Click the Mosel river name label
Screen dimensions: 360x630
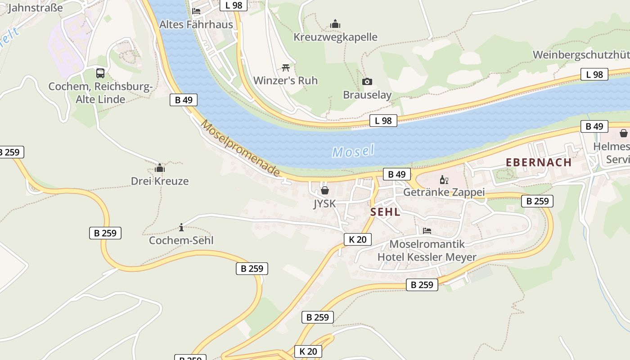pos(353,151)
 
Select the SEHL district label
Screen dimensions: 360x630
pos(385,212)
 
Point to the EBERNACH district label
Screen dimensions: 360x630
pos(539,162)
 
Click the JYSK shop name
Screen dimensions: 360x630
pos(324,204)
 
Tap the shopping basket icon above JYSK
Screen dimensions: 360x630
pos(325,190)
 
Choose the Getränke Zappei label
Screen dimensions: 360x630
pos(444,193)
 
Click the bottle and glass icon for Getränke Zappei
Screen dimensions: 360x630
pos(444,180)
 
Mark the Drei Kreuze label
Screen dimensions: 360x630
pos(159,181)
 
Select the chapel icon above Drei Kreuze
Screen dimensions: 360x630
pos(160,168)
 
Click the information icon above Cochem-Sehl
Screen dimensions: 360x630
pos(181,227)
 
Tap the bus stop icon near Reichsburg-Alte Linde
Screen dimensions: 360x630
pos(100,73)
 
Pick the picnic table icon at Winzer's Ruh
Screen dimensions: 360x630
pos(285,68)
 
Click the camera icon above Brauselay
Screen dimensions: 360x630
pos(367,81)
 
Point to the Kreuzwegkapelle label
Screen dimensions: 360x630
pos(335,37)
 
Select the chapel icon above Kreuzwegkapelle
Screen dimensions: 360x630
pos(335,24)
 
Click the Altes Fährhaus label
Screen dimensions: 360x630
pos(196,24)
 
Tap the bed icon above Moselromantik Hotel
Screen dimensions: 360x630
pos(427,231)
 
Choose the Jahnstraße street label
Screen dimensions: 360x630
pos(35,8)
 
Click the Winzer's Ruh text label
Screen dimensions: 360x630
pos(285,81)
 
